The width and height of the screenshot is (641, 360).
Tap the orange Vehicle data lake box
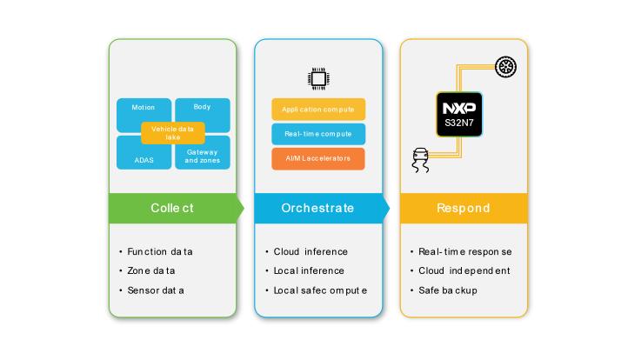[172, 133]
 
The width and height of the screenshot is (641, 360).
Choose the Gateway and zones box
[203, 156]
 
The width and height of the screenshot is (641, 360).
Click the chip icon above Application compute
[318, 79]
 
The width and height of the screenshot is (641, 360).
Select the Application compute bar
[318, 110]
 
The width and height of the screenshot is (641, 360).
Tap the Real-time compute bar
[318, 134]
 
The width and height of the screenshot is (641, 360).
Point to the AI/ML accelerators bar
[318, 159]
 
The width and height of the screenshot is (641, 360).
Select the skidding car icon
[420, 161]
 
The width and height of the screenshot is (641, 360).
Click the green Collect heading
[172, 208]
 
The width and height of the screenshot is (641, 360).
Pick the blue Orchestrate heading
[317, 208]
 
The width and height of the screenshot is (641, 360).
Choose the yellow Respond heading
[464, 208]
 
